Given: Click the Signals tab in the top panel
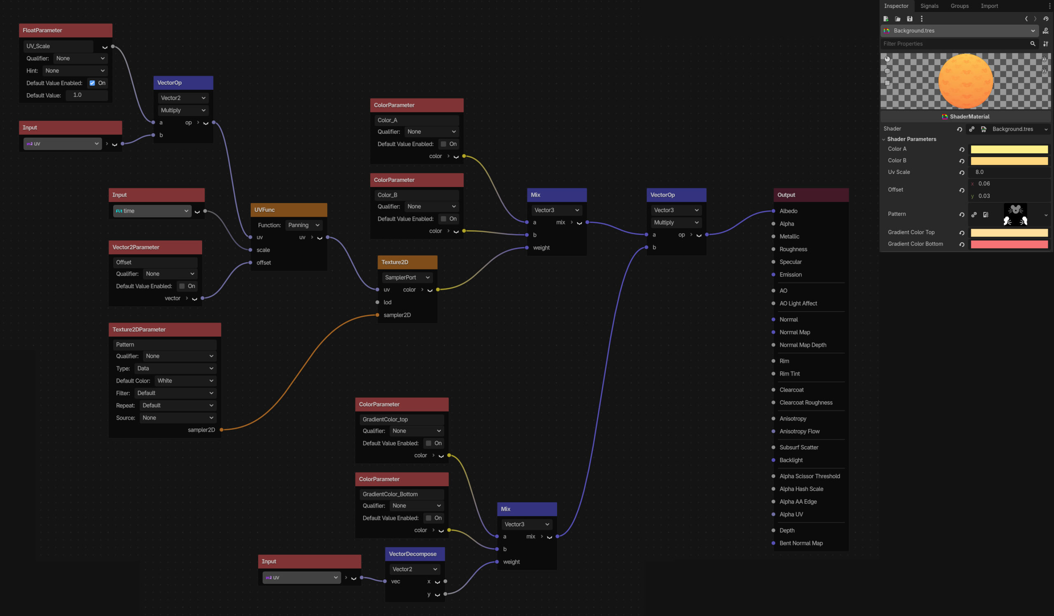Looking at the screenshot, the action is pyautogui.click(x=929, y=6).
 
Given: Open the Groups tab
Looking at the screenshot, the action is pyautogui.click(x=959, y=6).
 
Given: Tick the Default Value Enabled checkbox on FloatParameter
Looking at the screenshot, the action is pyautogui.click(x=92, y=83).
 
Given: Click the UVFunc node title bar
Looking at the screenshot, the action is pyautogui.click(x=289, y=210).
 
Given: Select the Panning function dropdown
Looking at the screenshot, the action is pyautogui.click(x=304, y=225).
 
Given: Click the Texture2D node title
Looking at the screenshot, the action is pyautogui.click(x=394, y=262).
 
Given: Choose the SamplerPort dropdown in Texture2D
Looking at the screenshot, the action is pyautogui.click(x=407, y=277).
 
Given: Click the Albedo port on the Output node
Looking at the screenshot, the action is pyautogui.click(x=773, y=211).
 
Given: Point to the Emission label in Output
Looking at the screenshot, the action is pyautogui.click(x=790, y=274).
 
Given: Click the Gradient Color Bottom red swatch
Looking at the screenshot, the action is pyautogui.click(x=1009, y=244).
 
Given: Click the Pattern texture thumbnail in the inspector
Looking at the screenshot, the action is pyautogui.click(x=1015, y=215).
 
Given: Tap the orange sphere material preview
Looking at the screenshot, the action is pyautogui.click(x=965, y=81).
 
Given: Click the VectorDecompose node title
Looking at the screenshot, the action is pyautogui.click(x=413, y=554).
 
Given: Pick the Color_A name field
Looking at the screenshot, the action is pyautogui.click(x=417, y=120).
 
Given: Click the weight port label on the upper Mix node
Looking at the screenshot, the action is pyautogui.click(x=541, y=248).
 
